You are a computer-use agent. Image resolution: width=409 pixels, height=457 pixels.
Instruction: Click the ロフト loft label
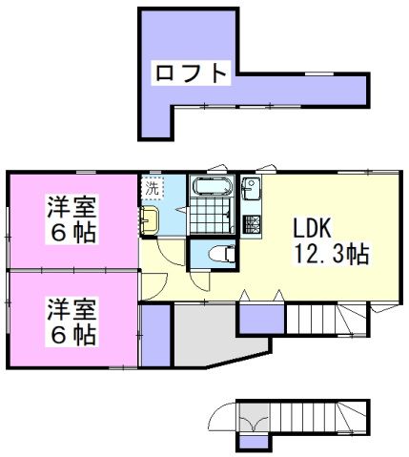click(191, 73)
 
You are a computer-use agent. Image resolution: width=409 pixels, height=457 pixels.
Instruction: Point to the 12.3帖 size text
click(331, 255)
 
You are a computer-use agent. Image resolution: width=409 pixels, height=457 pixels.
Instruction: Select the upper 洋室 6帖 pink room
click(72, 218)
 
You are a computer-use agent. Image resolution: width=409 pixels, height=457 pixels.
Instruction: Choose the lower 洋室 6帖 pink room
click(72, 321)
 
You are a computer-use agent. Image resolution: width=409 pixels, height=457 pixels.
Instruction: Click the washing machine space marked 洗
click(153, 187)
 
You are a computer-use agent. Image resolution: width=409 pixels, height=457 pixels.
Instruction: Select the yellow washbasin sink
click(150, 222)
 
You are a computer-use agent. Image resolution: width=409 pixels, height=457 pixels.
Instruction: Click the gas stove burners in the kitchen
click(253, 225)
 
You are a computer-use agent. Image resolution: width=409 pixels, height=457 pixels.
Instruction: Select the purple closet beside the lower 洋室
click(155, 335)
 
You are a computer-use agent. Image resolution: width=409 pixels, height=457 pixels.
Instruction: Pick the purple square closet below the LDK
click(255, 319)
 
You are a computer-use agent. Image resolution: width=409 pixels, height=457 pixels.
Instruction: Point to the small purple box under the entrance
click(252, 442)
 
